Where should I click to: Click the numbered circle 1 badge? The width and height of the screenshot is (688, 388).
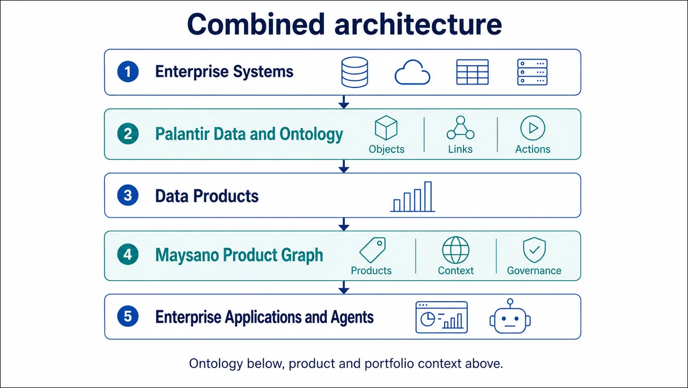[x=128, y=71]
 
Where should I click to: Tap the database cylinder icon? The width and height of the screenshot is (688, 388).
[x=354, y=72]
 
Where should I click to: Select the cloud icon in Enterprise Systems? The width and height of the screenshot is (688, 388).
[x=412, y=72]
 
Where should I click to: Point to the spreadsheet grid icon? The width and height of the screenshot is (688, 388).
[x=472, y=72]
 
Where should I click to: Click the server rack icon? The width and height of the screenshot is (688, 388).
[x=532, y=72]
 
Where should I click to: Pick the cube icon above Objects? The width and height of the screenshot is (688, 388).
[x=386, y=128]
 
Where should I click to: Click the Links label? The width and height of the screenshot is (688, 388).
[x=460, y=149]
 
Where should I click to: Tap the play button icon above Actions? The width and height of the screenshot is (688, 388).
[x=533, y=128]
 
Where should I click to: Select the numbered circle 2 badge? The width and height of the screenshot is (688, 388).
[x=128, y=134]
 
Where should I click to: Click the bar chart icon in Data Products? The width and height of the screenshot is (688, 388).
[x=412, y=197]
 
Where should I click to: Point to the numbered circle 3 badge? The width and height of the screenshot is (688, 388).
[x=128, y=195]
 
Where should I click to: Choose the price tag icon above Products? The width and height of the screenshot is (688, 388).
[x=373, y=250]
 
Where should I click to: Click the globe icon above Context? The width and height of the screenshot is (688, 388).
[x=455, y=250]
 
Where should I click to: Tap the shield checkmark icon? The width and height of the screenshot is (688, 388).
[x=534, y=250]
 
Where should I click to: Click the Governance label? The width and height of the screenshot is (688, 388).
[x=534, y=271]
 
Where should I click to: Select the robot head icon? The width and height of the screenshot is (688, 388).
[x=510, y=317]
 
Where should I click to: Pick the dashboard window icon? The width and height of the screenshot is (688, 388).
[x=441, y=317]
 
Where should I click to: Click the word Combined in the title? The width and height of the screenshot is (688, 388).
[x=256, y=24]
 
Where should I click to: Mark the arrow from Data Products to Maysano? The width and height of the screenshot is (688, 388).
[x=344, y=224]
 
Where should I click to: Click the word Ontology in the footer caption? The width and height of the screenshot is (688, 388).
[x=216, y=364]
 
